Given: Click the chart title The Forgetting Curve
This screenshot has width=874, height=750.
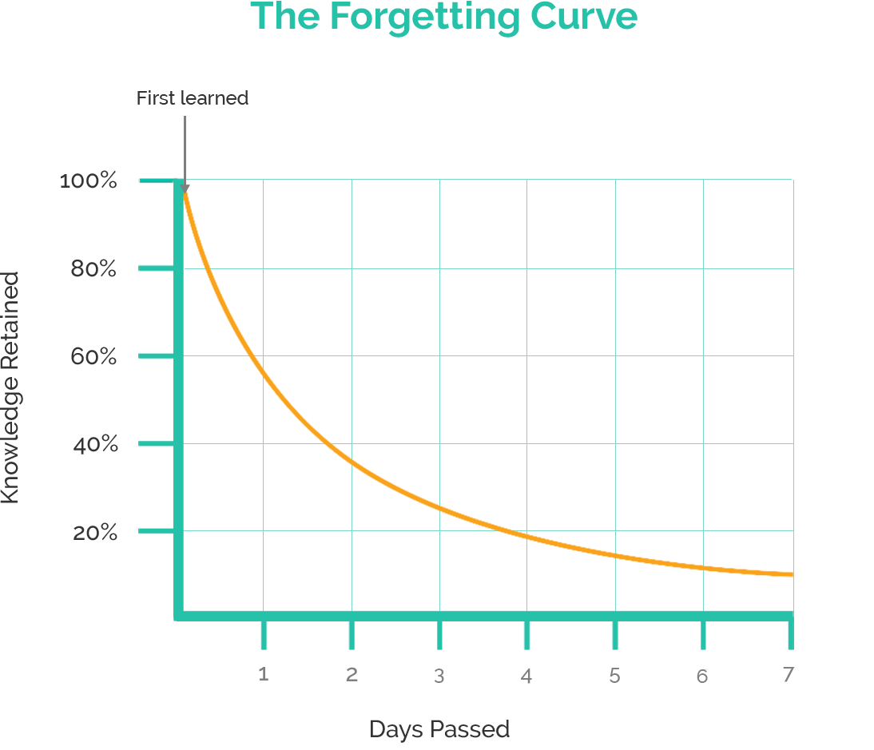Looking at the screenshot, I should click(x=444, y=18).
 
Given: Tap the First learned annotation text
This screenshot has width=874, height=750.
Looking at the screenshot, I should click(x=192, y=98).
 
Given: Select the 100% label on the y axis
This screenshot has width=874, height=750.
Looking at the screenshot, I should click(x=89, y=181).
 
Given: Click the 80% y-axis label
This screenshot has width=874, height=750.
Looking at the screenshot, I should click(x=93, y=269).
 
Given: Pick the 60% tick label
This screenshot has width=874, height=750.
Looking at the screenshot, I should click(x=93, y=357).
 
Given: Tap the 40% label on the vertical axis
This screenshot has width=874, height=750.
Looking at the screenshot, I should click(x=95, y=445).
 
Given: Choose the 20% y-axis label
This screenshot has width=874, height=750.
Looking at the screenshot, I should click(x=95, y=533).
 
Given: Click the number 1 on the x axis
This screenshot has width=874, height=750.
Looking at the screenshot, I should click(x=264, y=675).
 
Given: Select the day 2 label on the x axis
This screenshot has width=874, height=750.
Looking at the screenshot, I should click(x=352, y=675).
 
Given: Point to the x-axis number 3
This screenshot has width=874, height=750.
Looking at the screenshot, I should click(x=439, y=676).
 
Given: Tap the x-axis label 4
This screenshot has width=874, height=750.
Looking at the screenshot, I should click(x=526, y=676).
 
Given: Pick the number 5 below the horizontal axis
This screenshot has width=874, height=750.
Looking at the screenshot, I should click(x=614, y=676).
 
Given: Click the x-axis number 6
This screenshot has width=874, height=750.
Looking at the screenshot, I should click(x=702, y=676).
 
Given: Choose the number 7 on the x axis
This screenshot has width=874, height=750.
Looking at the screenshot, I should click(x=788, y=675).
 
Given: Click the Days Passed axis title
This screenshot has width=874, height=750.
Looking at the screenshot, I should click(x=439, y=729).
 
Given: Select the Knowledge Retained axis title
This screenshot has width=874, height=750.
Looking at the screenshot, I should click(x=10, y=388).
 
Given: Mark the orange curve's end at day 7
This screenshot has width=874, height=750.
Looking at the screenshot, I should click(x=790, y=574).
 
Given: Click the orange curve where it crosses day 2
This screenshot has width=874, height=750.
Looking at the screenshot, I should click(x=352, y=462).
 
